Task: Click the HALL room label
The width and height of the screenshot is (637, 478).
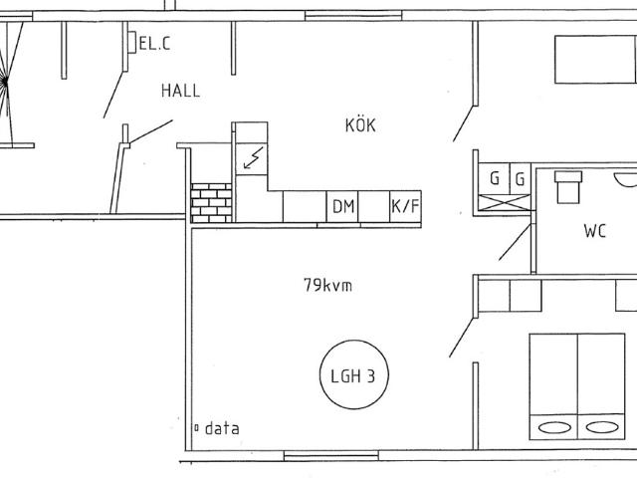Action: [x=181, y=91]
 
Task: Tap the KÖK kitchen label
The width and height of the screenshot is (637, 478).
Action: [x=360, y=124]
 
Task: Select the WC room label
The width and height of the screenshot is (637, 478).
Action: [x=595, y=231]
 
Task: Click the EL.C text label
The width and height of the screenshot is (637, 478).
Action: [x=155, y=43]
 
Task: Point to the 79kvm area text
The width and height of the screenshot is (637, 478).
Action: [x=327, y=285]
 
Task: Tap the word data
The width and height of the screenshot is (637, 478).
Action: [x=222, y=428]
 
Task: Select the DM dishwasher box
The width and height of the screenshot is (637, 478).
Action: [x=342, y=206]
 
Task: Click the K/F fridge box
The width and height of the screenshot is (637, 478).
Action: [x=405, y=206]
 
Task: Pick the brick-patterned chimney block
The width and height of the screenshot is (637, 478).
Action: [x=211, y=203]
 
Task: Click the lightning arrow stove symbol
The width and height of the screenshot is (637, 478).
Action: [x=253, y=158]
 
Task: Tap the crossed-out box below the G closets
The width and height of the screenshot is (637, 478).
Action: [x=505, y=202]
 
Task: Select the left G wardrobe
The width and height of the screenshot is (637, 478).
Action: [x=494, y=178]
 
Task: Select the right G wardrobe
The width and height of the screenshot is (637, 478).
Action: [x=520, y=178]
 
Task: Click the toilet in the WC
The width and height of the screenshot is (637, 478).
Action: [x=568, y=187]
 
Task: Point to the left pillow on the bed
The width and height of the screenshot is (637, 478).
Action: [x=554, y=427]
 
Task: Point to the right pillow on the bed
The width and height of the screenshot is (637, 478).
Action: [x=602, y=427]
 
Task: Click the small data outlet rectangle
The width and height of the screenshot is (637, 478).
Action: [x=197, y=428]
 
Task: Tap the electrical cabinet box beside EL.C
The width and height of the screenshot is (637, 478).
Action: [x=132, y=42]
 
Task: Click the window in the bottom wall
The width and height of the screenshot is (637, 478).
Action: [x=331, y=456]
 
